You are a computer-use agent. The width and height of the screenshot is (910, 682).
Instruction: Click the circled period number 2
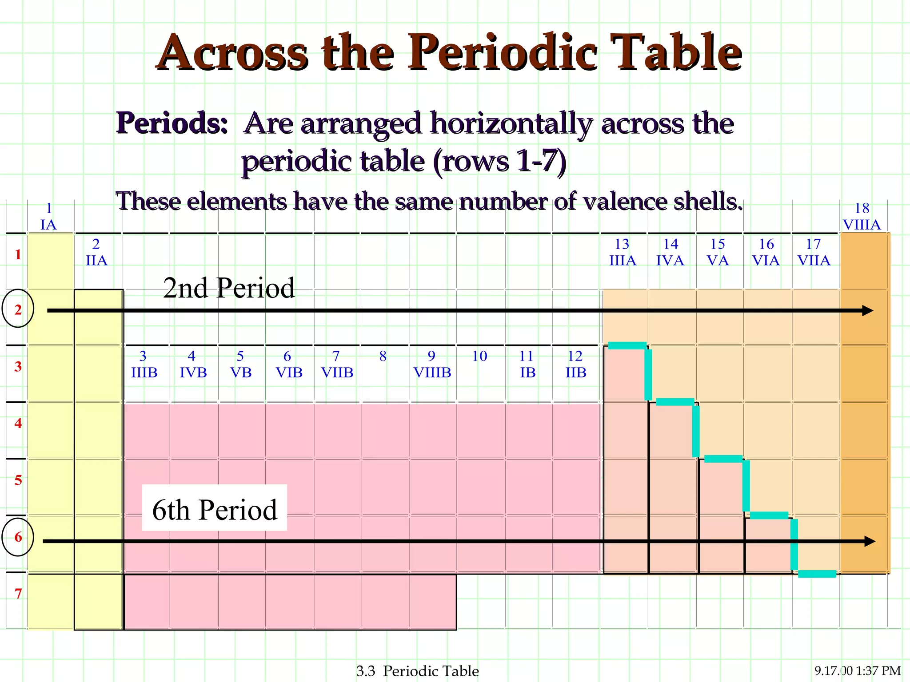18,309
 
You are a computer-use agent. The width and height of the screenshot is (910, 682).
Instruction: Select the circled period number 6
18,537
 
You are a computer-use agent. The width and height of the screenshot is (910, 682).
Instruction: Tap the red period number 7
18,593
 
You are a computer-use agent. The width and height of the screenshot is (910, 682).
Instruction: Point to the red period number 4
18,423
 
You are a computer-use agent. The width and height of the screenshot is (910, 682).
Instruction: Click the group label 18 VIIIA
862,217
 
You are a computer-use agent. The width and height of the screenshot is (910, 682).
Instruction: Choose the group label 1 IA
49,217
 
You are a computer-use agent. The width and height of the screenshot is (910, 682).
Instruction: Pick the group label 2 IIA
96,252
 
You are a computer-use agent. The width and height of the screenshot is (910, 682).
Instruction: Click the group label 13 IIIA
623,252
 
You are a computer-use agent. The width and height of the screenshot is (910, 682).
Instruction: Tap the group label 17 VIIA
814,252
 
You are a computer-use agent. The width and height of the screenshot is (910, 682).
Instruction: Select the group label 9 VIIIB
432,365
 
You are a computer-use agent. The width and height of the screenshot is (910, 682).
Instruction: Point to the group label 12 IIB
575,365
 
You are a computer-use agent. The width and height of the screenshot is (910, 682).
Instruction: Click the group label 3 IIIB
144,365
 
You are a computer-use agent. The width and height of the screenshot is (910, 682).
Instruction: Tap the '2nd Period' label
229,288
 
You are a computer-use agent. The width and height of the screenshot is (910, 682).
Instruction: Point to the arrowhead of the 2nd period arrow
867,310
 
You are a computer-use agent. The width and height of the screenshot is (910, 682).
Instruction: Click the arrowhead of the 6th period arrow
869,541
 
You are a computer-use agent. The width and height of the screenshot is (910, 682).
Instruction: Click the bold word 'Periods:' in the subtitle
172,123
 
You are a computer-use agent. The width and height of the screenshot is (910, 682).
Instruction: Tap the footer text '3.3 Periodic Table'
418,670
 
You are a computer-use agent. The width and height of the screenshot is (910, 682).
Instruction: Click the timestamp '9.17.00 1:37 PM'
858,670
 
